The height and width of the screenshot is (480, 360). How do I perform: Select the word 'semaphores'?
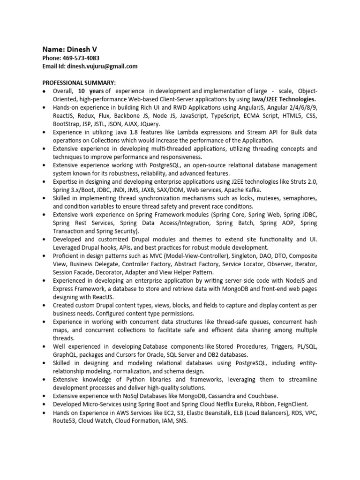coord(299,198)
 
